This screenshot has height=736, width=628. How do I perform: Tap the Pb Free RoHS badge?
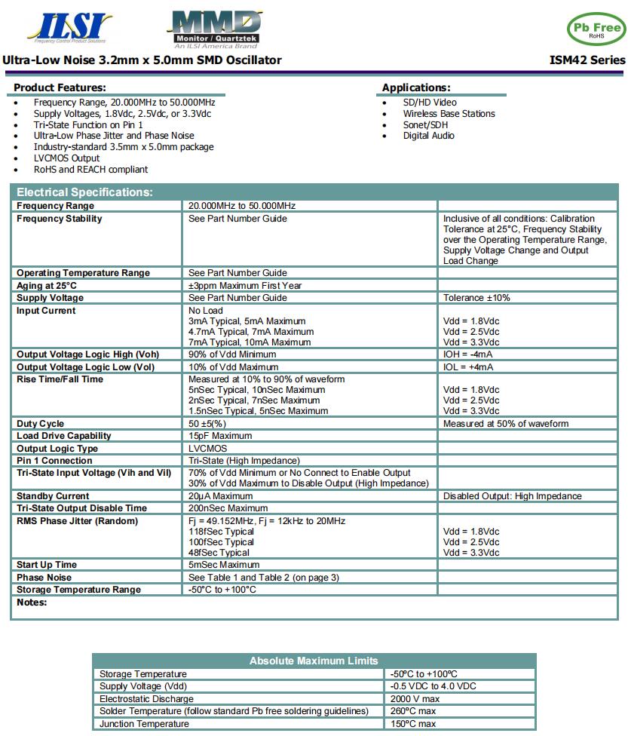coord(596,29)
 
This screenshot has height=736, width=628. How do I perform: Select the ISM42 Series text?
coord(588,60)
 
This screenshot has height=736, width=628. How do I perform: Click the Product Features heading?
coord(60,87)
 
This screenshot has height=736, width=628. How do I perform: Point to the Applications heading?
coord(416,87)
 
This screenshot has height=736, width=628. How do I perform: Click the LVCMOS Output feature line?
coord(66,158)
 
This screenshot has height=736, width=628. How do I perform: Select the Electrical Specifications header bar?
coord(84,192)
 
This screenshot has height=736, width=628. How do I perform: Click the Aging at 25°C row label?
coord(47,286)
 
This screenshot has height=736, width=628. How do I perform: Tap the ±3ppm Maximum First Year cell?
coord(245,286)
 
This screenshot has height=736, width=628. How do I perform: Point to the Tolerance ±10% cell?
coord(476,298)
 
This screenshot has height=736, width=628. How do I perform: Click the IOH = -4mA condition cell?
coord(468,354)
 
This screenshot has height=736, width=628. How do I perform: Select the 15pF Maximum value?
coord(220,436)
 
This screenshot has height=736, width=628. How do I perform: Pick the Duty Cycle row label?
coord(41,424)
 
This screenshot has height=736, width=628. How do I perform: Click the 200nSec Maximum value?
coord(228,508)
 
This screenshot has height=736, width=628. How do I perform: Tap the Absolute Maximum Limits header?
coord(314,661)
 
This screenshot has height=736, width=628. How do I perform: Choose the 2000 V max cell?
coord(415,699)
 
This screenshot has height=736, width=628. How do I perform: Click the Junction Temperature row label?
coord(144,724)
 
